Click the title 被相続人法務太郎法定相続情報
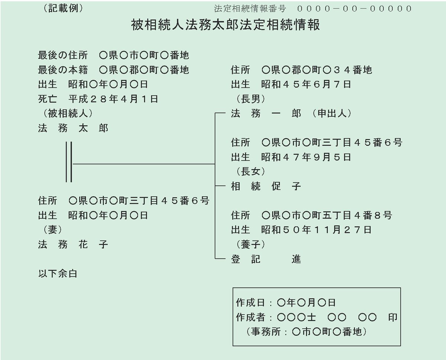(225, 25)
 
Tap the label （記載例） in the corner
(63, 8)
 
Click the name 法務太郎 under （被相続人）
(73, 128)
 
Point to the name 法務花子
(73, 244)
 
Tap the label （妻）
(52, 229)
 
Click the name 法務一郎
(266, 113)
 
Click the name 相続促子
(266, 186)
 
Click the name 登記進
(266, 259)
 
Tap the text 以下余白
(58, 274)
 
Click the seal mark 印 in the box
(392, 317)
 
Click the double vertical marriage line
(69, 162)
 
